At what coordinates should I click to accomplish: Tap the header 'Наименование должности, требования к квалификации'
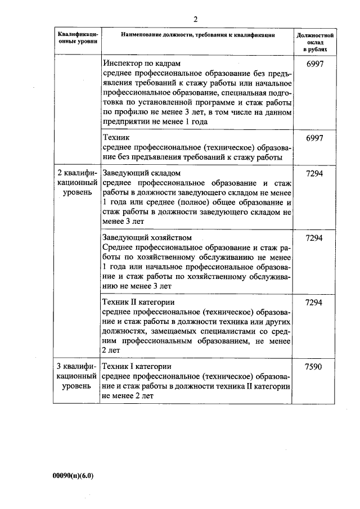(x=197, y=35)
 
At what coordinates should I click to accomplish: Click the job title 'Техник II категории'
(x=139, y=302)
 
